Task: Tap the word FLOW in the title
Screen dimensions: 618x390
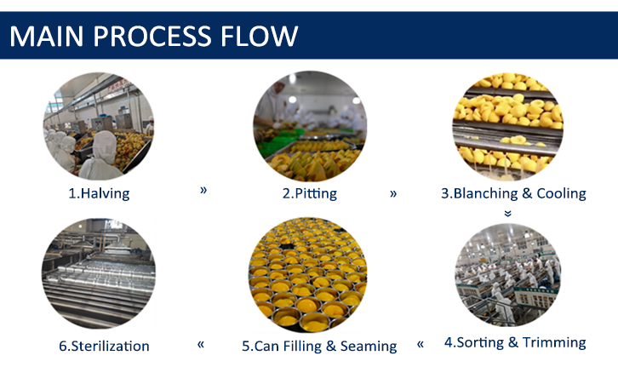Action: (259, 37)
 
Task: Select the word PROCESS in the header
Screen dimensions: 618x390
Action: (152, 37)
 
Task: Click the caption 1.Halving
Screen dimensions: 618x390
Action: (99, 193)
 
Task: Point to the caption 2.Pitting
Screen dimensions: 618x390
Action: (310, 193)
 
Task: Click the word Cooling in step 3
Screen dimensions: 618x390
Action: (561, 193)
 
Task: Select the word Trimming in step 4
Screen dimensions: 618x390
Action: (554, 342)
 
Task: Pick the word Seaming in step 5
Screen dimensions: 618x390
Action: (369, 346)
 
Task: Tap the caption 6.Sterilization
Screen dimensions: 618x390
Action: (104, 346)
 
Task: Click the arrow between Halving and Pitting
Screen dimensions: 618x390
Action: (203, 190)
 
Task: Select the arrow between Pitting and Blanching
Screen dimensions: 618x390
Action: (393, 193)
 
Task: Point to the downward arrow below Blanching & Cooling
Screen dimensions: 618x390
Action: (508, 214)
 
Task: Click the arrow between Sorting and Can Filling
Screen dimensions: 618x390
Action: (421, 344)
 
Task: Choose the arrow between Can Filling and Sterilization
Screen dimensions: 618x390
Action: (201, 344)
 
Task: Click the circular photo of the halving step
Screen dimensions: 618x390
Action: (99, 126)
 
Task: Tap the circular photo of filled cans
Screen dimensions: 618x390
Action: (308, 274)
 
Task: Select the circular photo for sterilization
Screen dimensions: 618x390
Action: (99, 273)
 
